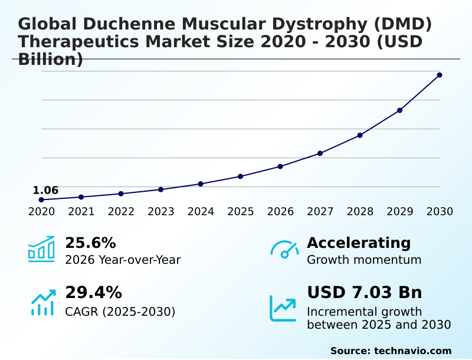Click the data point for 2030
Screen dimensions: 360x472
[x=440, y=75]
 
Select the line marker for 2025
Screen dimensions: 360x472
[x=240, y=176]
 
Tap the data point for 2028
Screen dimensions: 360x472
[x=360, y=135]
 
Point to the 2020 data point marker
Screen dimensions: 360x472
[x=41, y=199]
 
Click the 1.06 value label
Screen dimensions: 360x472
[x=45, y=190]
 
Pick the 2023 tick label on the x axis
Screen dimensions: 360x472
[x=161, y=211]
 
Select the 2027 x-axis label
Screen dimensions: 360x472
[x=320, y=211]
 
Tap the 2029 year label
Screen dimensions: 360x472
[x=400, y=211]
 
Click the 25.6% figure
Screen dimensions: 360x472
[x=90, y=243]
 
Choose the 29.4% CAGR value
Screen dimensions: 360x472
[x=93, y=293]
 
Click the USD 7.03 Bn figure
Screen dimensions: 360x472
[x=365, y=293]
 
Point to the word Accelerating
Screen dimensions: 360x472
[x=359, y=243]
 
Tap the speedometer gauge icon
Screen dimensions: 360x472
[x=284, y=250]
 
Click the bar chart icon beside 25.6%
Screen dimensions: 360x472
[x=41, y=249]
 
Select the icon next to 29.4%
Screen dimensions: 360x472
[x=42, y=302]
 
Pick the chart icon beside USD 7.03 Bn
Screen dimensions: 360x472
[x=283, y=307]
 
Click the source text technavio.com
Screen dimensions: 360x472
[x=412, y=351]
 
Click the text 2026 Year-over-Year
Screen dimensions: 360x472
[x=123, y=260]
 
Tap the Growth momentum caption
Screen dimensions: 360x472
[x=364, y=260]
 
